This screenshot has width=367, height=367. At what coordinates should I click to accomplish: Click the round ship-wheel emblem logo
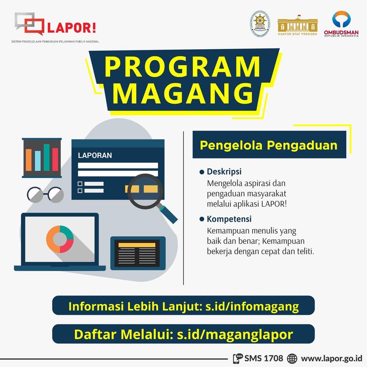pyautogui.click(x=260, y=23)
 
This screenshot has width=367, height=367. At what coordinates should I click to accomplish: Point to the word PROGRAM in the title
pyautogui.click(x=183, y=67)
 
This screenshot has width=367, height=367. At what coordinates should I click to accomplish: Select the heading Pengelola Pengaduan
pyautogui.click(x=268, y=145)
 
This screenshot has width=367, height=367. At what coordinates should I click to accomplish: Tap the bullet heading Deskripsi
pyautogui.click(x=224, y=172)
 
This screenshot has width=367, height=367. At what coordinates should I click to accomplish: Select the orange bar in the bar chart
pyautogui.click(x=29, y=160)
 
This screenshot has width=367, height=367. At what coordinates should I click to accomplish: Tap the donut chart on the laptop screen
pyautogui.click(x=60, y=239)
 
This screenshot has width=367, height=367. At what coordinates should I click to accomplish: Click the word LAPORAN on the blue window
pyautogui.click(x=95, y=156)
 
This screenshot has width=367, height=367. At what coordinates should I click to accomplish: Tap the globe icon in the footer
pyautogui.click(x=292, y=358)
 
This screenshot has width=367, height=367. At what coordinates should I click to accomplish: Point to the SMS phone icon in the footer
pyautogui.click(x=238, y=358)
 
